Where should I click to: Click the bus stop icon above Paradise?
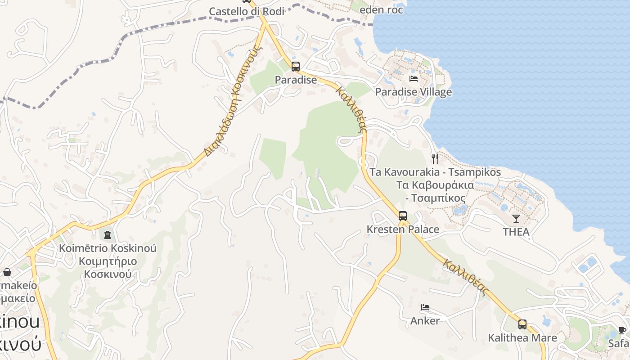(295, 67)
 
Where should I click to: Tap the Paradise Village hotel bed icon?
(414, 79)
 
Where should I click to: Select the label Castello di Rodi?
(247, 12)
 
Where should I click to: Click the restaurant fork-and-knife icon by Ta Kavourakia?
(435, 158)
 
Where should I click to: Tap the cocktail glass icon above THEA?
(516, 219)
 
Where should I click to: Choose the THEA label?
(516, 232)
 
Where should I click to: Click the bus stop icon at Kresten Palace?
(403, 216)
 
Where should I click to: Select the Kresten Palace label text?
(403, 229)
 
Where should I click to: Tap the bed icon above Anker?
(425, 308)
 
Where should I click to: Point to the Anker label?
(425, 321)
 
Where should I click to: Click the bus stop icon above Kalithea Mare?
(522, 324)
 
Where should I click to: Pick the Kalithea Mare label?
(522, 337)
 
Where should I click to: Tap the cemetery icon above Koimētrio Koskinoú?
(108, 234)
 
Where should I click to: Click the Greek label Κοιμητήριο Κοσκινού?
(108, 268)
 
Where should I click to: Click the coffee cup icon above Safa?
(622, 330)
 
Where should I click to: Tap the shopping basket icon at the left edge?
(7, 272)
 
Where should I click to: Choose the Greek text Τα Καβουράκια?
(435, 185)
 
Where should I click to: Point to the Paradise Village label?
(414, 92)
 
